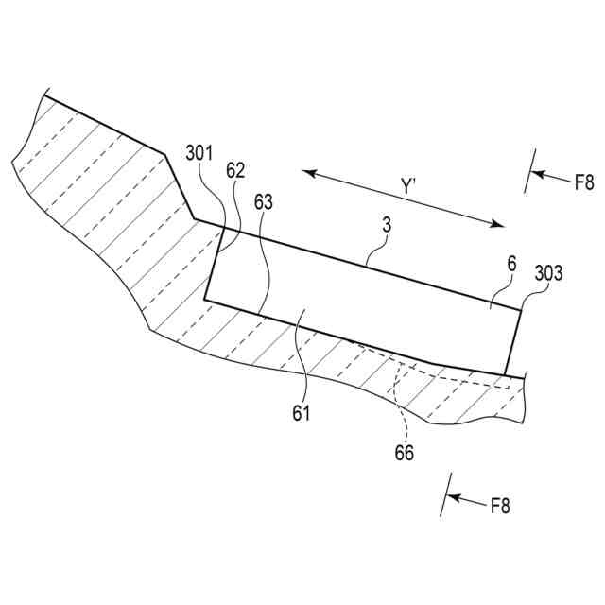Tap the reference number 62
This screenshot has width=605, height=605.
coord(236,170)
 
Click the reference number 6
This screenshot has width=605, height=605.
coord(511,267)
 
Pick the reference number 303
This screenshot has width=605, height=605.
coord(549,273)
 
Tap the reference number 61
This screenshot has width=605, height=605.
coord(302,412)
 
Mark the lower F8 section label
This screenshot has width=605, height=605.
coord(500,506)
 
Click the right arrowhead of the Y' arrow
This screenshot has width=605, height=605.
coord(501,225)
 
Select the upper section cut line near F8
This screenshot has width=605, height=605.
coord(531,170)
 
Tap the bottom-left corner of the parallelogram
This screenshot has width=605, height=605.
coord(204,301)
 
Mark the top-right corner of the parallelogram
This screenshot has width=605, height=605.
coord(521,309)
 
